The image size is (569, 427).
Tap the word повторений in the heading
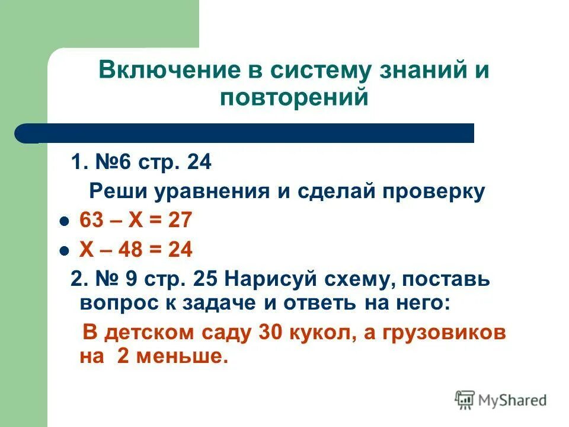tap(294, 97)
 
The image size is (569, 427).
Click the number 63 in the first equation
tap(91, 221)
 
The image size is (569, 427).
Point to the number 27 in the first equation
tap(180, 221)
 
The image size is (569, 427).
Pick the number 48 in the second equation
tap(132, 250)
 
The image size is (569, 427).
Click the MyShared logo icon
tap(465, 400)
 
